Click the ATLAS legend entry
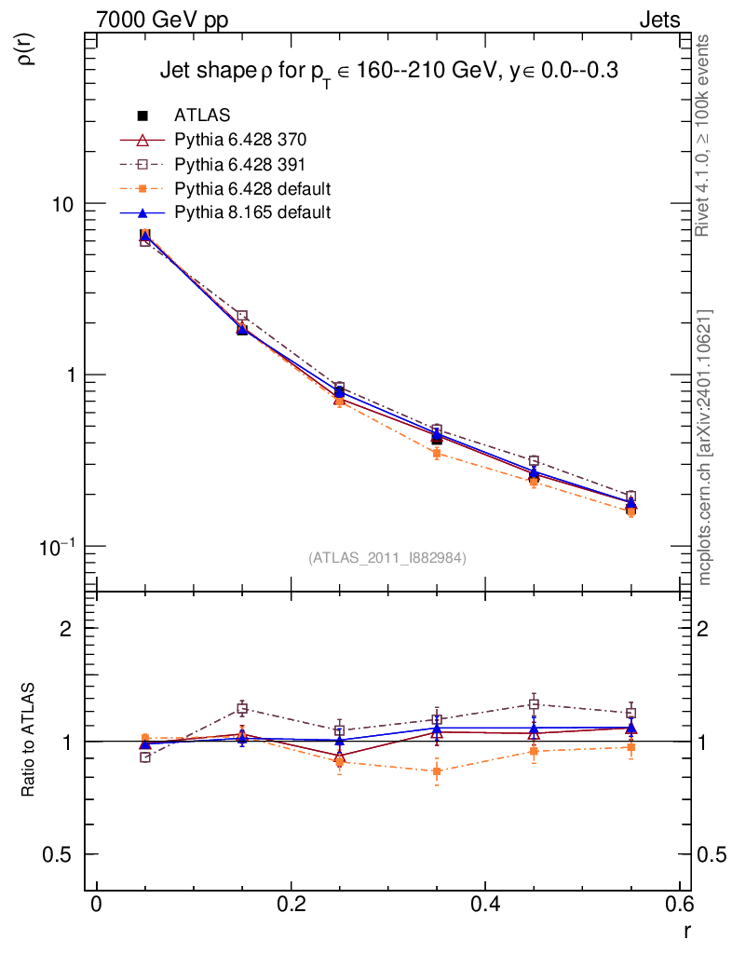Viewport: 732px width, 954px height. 202,116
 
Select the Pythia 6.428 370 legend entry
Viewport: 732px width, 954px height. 239,140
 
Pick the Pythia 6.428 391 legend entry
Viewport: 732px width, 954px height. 239,164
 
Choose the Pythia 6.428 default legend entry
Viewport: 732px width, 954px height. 252,188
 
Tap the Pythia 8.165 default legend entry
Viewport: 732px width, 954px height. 252,212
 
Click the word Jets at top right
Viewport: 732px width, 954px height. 658,20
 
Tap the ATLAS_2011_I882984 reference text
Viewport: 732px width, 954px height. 387,557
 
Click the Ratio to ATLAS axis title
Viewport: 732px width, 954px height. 29,741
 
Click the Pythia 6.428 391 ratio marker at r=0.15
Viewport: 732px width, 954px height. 242,709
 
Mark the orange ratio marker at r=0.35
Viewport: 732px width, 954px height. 436,770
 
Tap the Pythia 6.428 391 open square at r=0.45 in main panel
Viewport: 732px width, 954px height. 534,461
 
